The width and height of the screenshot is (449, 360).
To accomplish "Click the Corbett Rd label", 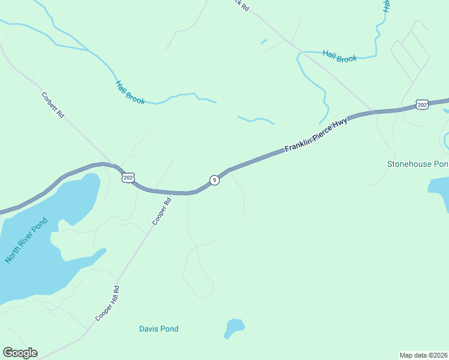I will [x=53, y=104].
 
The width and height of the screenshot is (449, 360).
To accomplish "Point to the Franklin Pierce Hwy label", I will [x=316, y=135].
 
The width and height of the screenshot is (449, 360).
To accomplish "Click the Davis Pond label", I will [x=158, y=329].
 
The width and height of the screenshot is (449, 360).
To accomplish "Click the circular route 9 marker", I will [x=214, y=180].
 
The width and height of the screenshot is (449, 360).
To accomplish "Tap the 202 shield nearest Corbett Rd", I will [x=128, y=178].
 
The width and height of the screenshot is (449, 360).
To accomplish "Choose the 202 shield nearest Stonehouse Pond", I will [x=422, y=105].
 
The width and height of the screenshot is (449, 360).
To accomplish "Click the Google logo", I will [x=20, y=353].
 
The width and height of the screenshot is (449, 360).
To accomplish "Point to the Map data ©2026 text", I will [x=423, y=355].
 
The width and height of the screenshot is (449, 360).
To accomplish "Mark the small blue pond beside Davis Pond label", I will [x=234, y=328].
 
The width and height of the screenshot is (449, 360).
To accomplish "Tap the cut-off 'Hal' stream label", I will [x=387, y=6].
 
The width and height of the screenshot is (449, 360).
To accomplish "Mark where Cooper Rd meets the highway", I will [x=172, y=193].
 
